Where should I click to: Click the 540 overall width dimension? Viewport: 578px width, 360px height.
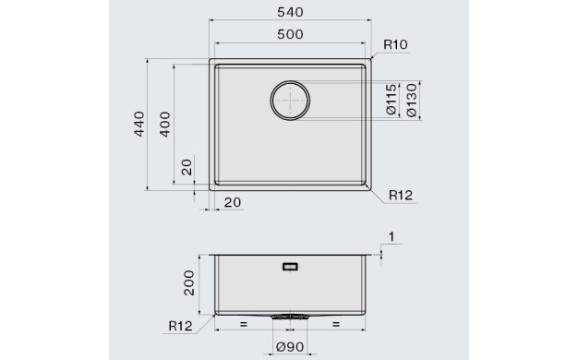[290, 12]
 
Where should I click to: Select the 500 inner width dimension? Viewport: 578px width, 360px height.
[290, 34]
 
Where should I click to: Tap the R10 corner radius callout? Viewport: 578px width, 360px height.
[395, 44]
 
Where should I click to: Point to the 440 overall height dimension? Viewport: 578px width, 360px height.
[139, 124]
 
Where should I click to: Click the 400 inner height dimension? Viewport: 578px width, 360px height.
[165, 125]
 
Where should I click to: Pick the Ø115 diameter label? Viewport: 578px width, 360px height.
[391, 99]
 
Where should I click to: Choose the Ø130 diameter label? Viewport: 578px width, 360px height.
[412, 101]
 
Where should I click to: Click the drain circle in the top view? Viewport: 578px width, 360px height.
[290, 81]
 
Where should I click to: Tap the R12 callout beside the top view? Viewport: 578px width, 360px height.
[401, 195]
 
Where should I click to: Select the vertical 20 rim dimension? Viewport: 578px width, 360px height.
[187, 167]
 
